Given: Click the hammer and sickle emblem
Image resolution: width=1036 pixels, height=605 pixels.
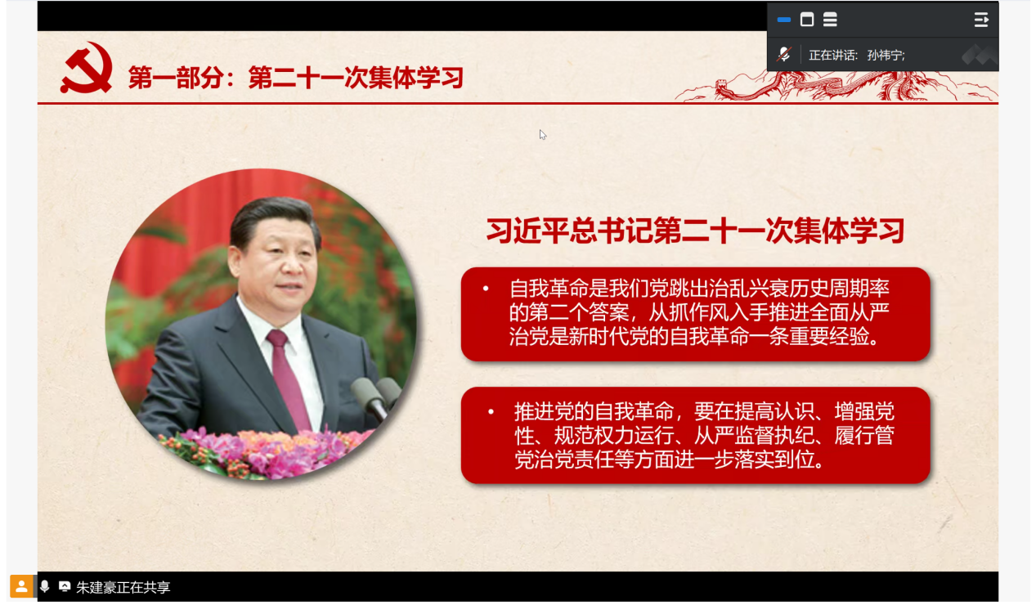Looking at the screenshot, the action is pos(86,68).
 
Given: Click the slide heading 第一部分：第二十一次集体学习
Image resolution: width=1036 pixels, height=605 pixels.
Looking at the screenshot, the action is pos(296,77).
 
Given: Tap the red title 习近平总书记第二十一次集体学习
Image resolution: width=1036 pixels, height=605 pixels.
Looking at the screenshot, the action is pos(696,231).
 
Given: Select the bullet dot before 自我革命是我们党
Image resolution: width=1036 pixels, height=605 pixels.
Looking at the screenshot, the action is pos(486,289).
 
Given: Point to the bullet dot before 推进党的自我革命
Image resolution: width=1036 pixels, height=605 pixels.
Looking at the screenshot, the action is pos(491,411).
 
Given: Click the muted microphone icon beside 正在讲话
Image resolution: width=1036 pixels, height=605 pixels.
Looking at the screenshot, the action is pos(784,55).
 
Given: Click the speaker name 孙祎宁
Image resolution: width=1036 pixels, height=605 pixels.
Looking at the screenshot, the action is pos(884,56).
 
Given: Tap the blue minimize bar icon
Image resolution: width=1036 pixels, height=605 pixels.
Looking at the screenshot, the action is pos(784,20).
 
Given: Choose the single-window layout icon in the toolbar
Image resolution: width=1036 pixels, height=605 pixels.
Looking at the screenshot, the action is pos(807,20).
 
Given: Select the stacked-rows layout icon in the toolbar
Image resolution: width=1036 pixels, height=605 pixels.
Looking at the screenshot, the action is pos(830,20).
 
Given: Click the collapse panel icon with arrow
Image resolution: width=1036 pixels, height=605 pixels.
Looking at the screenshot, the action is pos(981,20).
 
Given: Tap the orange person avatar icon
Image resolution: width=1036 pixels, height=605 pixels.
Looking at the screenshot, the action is pos(21,586).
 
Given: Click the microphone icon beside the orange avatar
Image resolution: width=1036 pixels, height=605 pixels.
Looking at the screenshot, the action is pos(44,586).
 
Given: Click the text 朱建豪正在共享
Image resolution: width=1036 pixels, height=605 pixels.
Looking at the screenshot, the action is pos(123,588).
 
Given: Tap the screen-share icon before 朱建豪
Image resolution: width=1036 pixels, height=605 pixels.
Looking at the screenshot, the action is pos(65,586).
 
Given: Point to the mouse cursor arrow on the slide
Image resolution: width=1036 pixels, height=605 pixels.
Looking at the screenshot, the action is pos(542,135).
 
